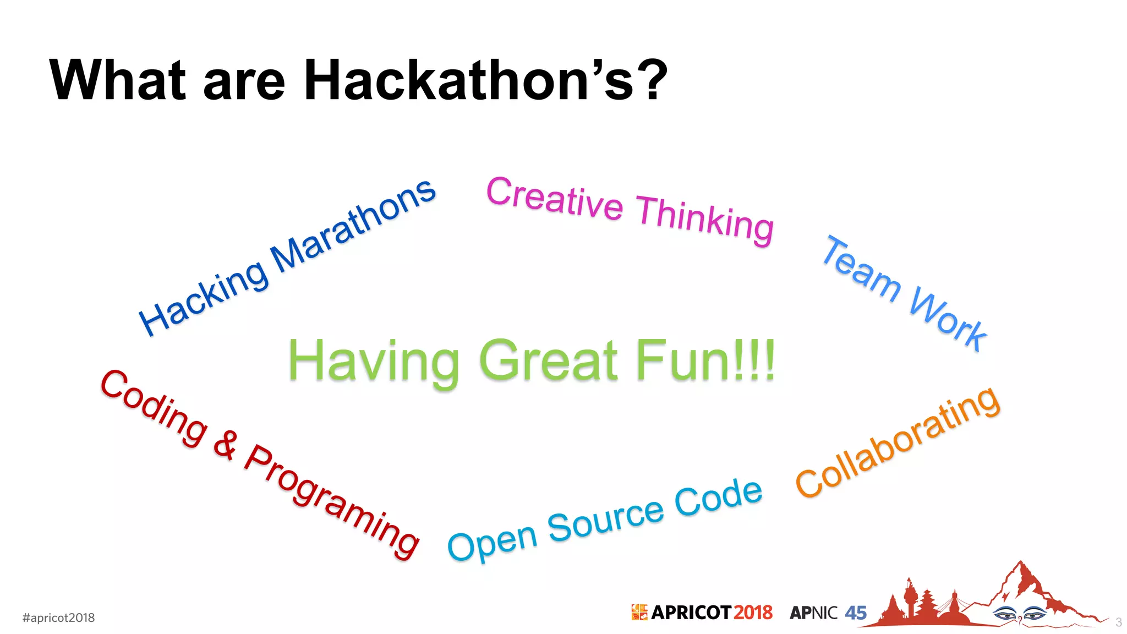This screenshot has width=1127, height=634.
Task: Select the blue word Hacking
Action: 204,297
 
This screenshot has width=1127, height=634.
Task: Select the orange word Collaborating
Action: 897,443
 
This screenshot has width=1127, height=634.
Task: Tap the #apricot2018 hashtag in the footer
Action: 58,617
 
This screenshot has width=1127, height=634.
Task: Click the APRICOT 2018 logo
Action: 702,613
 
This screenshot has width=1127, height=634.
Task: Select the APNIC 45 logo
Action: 828,613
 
